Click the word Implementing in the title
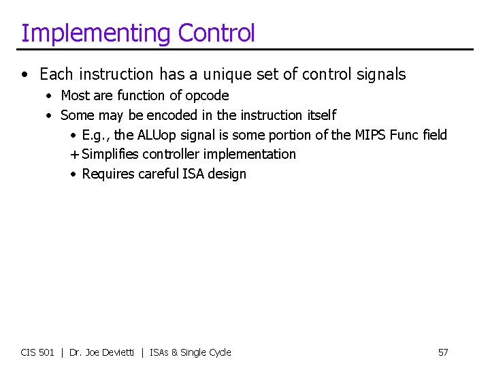(96, 33)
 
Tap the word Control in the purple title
(216, 33)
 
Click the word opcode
(207, 95)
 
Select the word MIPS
(370, 135)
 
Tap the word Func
(404, 135)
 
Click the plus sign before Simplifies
(74, 155)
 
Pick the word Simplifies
(111, 155)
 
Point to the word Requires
(108, 174)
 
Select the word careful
(159, 174)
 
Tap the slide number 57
(443, 352)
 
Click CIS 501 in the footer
(37, 352)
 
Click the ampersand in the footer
(174, 352)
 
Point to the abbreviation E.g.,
(97, 135)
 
